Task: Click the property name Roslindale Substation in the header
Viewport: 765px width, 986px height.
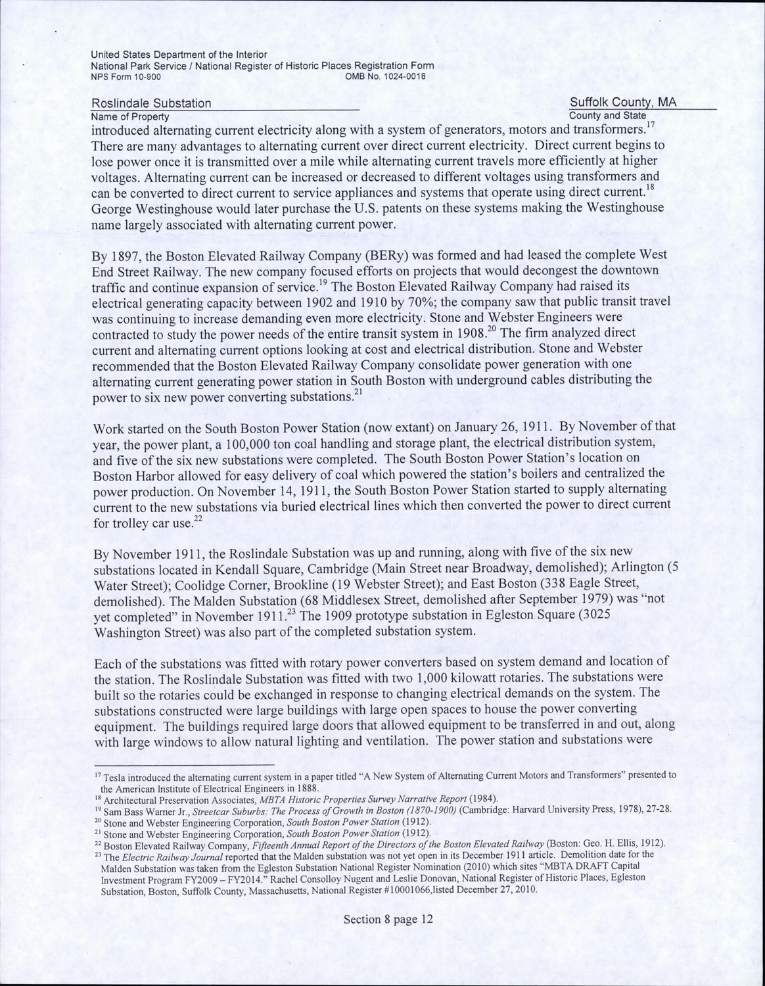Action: pos(151,103)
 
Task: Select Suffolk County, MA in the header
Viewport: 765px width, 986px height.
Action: pos(623,103)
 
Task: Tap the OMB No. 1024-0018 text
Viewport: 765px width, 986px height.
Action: pos(386,76)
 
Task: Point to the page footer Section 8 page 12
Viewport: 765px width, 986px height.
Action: pos(388,919)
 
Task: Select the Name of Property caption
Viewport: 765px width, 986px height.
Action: pos(130,116)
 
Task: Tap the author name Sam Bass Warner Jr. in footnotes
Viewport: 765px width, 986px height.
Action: pos(137,809)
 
